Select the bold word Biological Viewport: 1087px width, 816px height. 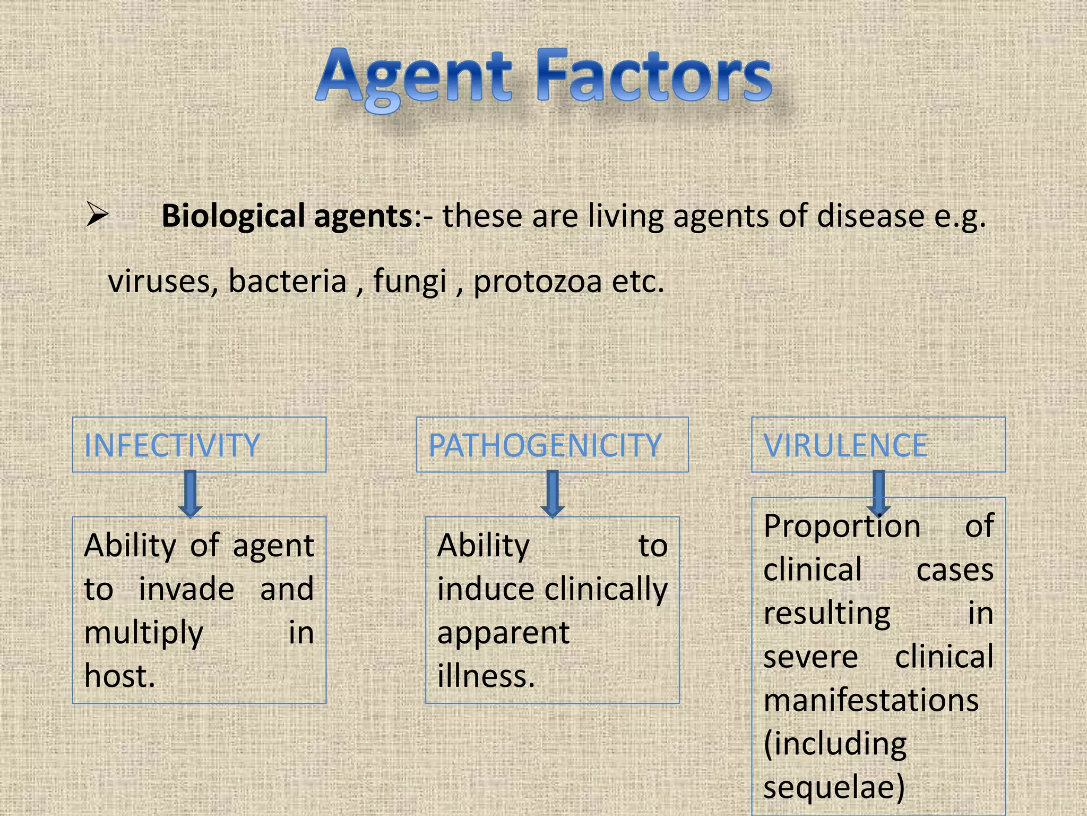coord(233,216)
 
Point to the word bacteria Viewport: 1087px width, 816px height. coord(287,281)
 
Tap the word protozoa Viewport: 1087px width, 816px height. coord(537,281)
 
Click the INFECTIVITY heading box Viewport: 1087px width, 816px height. coord(199,445)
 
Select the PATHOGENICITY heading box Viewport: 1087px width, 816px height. coord(552,445)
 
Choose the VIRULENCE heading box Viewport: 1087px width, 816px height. coord(878,445)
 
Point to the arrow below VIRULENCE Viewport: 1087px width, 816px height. coord(878,493)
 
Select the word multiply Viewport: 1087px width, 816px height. coord(143,633)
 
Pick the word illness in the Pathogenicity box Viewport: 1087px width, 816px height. coord(485,676)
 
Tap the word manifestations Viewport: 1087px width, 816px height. coord(870,700)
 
